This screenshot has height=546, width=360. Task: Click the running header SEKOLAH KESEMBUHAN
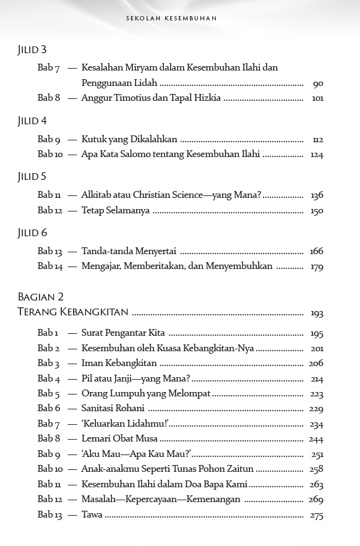tap(180, 19)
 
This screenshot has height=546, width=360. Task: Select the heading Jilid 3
tap(32, 50)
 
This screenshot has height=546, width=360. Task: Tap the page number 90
tap(318, 83)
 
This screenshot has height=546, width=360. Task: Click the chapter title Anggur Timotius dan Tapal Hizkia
tap(151, 98)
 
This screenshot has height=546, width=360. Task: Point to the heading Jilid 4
tap(32, 121)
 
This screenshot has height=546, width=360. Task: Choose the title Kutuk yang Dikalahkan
tap(129, 139)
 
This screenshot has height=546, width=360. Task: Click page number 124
tap(317, 155)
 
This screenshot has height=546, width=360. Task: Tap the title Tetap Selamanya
tap(116, 210)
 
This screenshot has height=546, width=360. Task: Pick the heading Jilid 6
tap(32, 233)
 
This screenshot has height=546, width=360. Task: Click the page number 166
tap(317, 252)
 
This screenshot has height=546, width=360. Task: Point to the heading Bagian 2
tap(41, 297)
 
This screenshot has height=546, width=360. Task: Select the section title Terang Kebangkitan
tap(73, 312)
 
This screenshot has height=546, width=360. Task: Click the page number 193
tap(317, 314)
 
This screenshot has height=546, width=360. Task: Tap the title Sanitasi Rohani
tap(113, 408)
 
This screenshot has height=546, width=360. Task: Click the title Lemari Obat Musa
tap(119, 438)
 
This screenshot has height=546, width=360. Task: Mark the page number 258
tap(317, 470)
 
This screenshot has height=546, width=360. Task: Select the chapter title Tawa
tap(92, 514)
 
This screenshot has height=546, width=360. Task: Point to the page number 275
tap(317, 516)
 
